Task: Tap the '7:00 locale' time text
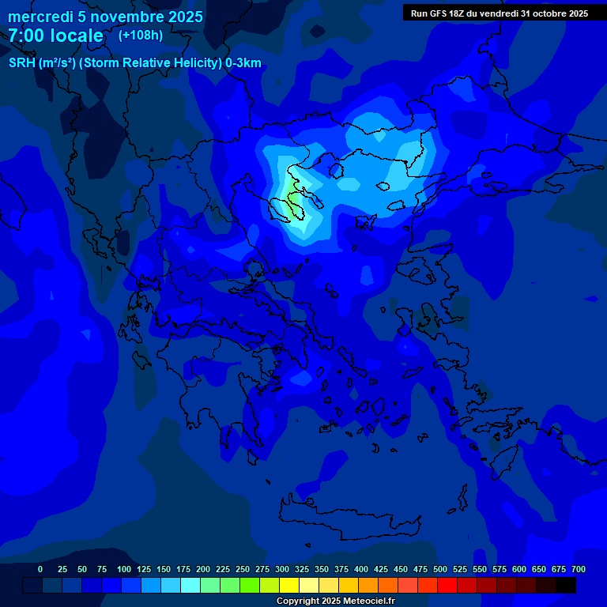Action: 55,36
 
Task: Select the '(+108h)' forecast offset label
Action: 140,35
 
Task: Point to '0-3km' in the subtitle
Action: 243,63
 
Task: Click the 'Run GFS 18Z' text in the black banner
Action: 437,13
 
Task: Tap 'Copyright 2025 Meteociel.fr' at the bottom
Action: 335,601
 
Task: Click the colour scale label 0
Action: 40,569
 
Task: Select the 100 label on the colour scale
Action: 124,569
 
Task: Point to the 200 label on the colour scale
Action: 203,569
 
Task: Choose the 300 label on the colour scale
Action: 282,569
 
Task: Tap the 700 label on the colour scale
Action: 579,569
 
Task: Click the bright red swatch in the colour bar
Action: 447,586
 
